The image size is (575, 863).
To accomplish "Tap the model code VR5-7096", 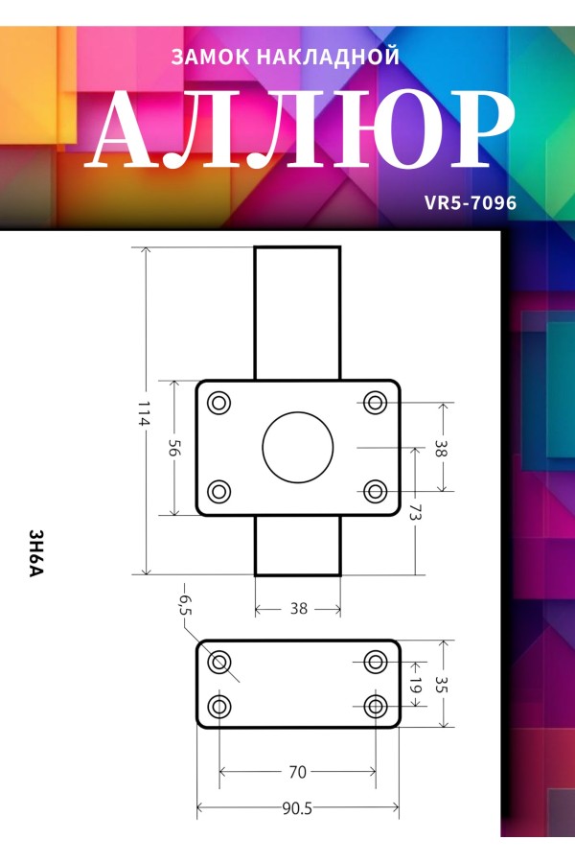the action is (471, 203).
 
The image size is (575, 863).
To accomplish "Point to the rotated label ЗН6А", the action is (35, 553).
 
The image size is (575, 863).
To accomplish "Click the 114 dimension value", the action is (144, 413).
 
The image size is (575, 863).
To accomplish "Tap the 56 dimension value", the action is (173, 449).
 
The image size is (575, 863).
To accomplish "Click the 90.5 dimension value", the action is (297, 808).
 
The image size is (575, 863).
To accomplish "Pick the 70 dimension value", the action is (298, 772).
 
